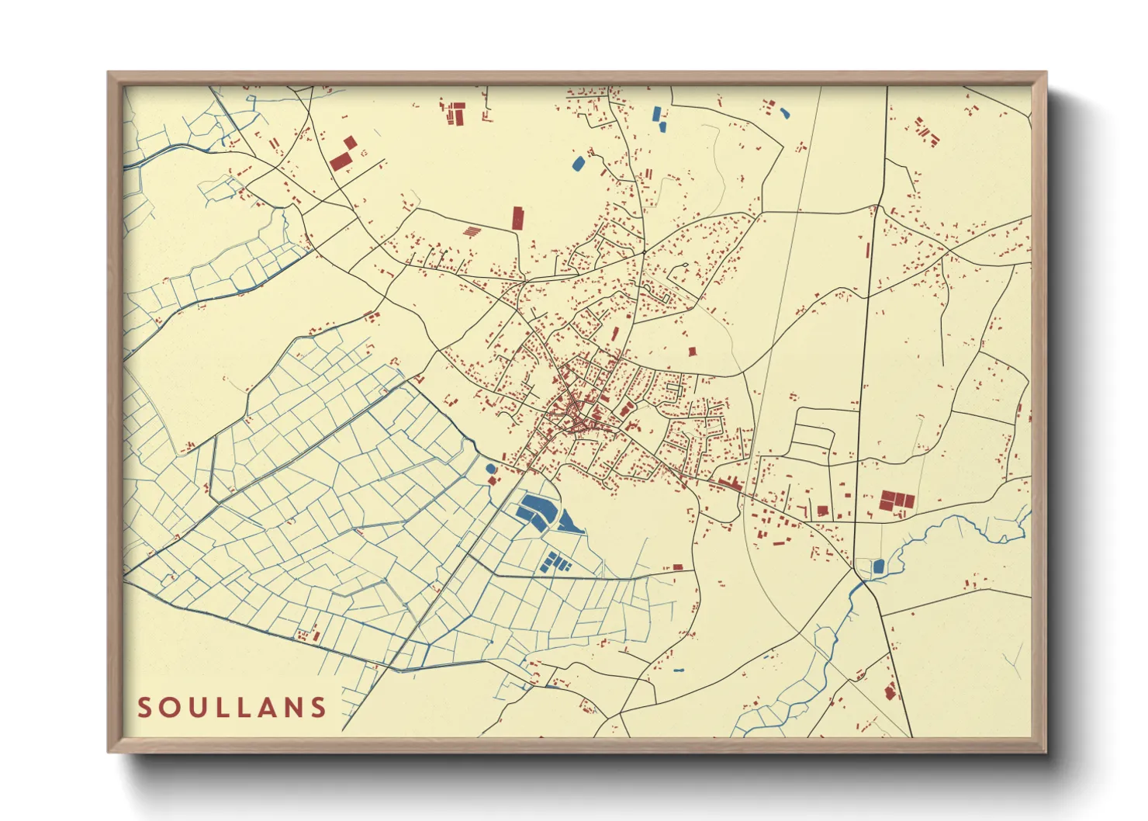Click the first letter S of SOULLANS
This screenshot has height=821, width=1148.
[x=145, y=708]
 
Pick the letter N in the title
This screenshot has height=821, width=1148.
[x=291, y=708]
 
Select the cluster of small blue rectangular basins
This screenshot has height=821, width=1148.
[x=555, y=562]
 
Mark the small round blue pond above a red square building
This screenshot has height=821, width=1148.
[x=490, y=469]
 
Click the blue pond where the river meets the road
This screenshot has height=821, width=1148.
[x=878, y=566]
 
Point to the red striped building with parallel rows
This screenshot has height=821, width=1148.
[x=472, y=230]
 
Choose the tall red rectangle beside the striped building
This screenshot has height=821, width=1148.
[x=517, y=218]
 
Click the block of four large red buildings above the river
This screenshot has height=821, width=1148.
[x=897, y=501]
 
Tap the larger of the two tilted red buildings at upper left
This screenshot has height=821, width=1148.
[x=341, y=161]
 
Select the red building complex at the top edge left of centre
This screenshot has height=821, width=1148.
[x=455, y=113]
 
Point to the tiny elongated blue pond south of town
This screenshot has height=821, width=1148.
[x=679, y=670]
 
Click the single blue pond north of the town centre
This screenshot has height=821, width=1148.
[x=578, y=164]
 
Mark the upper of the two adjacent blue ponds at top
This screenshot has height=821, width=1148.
[x=659, y=113]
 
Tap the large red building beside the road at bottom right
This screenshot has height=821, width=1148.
[x=890, y=691]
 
